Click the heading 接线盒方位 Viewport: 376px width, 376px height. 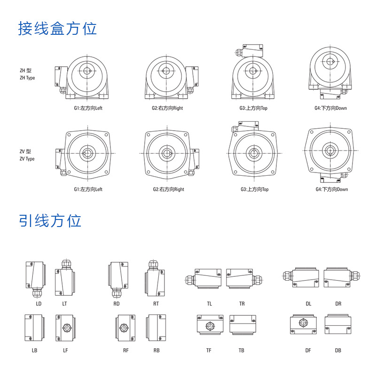tap(57, 29)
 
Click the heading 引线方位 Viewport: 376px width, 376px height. tap(50, 220)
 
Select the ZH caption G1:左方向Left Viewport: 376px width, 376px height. tap(88, 108)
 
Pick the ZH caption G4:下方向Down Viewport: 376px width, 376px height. tap(331, 108)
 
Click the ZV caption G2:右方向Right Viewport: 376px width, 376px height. tap(168, 189)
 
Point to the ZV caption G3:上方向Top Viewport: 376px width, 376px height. tap(254, 189)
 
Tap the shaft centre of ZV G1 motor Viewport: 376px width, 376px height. tap(87, 153)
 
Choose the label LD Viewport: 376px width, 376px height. tap(39, 304)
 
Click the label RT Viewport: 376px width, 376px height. tap(156, 304)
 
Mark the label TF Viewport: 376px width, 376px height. tap(209, 350)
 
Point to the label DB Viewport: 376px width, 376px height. tap(338, 350)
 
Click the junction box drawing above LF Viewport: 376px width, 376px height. tap(64, 327)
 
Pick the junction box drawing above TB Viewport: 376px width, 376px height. tap(242, 325)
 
